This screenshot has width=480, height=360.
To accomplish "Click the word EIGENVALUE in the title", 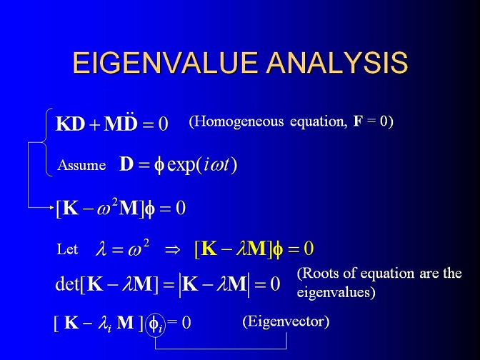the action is pyautogui.click(x=165, y=63).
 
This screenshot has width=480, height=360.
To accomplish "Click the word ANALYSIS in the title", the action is pyautogui.click(x=337, y=63).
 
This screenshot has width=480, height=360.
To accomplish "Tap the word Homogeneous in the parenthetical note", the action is pyautogui.click(x=239, y=121).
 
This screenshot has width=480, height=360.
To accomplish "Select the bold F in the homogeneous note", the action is pyautogui.click(x=358, y=121).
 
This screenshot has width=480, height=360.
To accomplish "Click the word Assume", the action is pyautogui.click(x=81, y=165).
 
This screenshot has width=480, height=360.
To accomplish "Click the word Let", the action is pyautogui.click(x=67, y=249).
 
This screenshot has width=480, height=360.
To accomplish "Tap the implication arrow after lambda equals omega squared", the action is pyautogui.click(x=172, y=250).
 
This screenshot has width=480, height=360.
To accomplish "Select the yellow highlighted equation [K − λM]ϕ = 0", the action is pyautogui.click(x=254, y=249).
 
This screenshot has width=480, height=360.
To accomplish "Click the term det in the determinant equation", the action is pyautogui.click(x=67, y=284).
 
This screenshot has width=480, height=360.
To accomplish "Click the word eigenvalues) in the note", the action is pyautogui.click(x=336, y=291).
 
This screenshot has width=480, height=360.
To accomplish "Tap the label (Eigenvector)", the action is pyautogui.click(x=286, y=321).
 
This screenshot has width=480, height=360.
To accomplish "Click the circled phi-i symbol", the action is pyautogui.click(x=156, y=324).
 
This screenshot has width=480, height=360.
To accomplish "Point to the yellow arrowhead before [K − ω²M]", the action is pyautogui.click(x=52, y=208).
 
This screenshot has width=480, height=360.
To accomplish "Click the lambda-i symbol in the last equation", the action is pyautogui.click(x=105, y=324).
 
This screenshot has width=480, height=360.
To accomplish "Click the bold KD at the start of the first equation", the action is pyautogui.click(x=70, y=124).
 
